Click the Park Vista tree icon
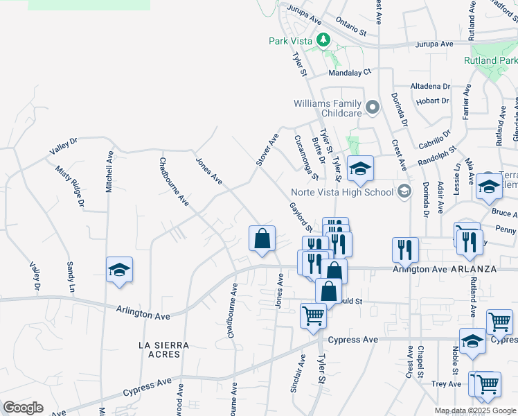[323, 40]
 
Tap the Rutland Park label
[490, 60]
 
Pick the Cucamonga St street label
[305, 157]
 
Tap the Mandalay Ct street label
[350, 71]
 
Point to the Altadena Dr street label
[430, 86]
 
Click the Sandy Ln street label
[70, 276]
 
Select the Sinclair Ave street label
[301, 370]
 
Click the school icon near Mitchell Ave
[119, 270]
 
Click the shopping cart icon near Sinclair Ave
[313, 315]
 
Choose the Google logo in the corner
[23, 408]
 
